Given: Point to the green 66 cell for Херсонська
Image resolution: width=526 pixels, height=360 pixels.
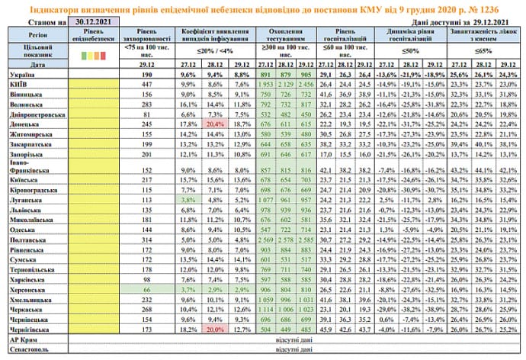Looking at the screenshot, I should pos(143,291).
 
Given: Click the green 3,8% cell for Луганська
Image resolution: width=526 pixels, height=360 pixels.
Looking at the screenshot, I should pos(185,198).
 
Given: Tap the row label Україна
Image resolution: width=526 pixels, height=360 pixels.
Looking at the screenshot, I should pos(24,76).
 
